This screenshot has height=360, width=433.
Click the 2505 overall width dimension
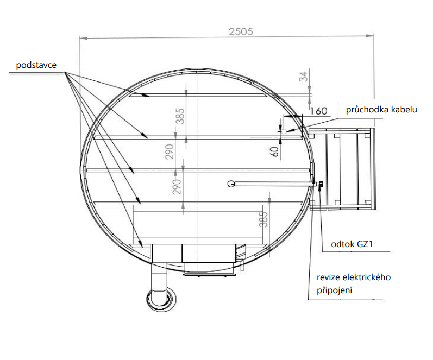coord(241,31)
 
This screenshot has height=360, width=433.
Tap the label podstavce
coord(36,65)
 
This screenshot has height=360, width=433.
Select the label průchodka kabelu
coord(381,110)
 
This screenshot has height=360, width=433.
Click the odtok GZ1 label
coord(352,244)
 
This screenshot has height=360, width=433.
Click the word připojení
coord(335,290)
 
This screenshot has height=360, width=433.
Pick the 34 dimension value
coord(303,77)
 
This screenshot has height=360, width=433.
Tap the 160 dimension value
coord(318,111)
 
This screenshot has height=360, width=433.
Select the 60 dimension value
coord(274,151)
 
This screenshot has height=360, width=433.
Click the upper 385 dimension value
coord(180,116)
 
